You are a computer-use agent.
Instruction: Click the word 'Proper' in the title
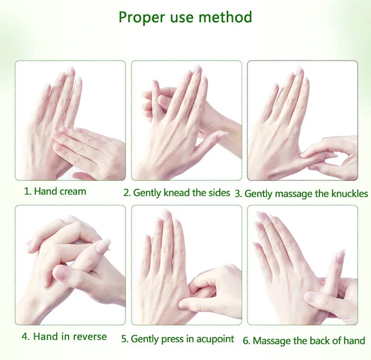[141, 17]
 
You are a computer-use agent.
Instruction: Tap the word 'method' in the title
[225, 17]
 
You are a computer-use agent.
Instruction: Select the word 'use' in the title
[182, 18]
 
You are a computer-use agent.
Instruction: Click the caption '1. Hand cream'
[55, 191]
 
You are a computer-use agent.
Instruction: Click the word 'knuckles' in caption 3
[350, 194]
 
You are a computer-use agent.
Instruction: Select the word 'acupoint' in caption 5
[215, 339]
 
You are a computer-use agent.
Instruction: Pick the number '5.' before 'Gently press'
[125, 339]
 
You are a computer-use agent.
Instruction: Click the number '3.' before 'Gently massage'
[238, 194]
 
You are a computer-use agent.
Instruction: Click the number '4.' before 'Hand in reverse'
[26, 337]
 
